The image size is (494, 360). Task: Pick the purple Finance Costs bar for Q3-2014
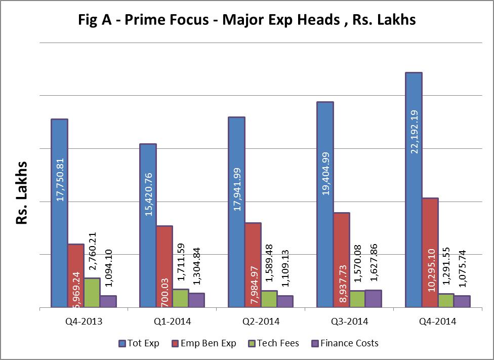[374, 299]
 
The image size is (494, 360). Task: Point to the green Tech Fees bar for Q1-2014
[180, 298]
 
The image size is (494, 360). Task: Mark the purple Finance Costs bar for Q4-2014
[462, 301]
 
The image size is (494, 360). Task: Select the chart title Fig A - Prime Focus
[247, 20]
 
